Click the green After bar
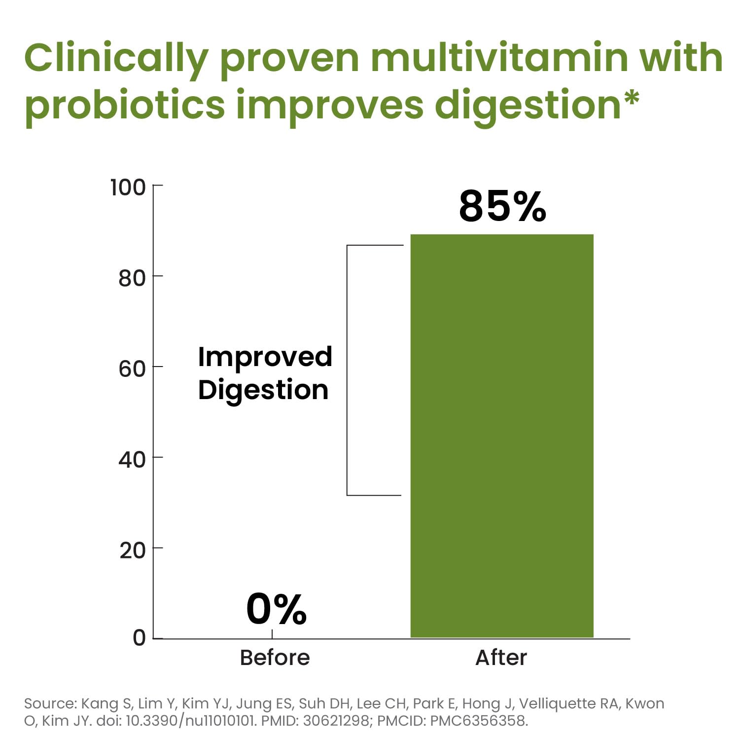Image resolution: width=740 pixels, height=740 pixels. (502, 436)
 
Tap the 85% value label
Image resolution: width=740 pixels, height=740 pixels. (502, 206)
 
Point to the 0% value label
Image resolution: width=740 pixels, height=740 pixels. (276, 610)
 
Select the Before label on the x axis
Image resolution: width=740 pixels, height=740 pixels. (275, 658)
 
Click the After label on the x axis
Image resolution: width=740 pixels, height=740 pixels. (501, 658)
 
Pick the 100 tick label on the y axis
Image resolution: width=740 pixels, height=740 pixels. (128, 188)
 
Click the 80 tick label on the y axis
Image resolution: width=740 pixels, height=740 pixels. (132, 279)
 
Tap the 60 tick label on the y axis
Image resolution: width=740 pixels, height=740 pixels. (132, 369)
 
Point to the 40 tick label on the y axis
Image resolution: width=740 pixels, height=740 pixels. (132, 460)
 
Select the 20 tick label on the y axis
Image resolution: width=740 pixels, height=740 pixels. (132, 551)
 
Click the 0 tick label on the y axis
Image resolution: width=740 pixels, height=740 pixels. (140, 638)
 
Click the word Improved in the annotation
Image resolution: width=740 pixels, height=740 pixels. (265, 358)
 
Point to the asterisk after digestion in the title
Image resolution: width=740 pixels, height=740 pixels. (631, 97)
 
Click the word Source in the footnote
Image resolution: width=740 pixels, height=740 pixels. (49, 703)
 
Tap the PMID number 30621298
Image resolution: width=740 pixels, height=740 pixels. (336, 721)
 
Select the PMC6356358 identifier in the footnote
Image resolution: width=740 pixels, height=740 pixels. (478, 721)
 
